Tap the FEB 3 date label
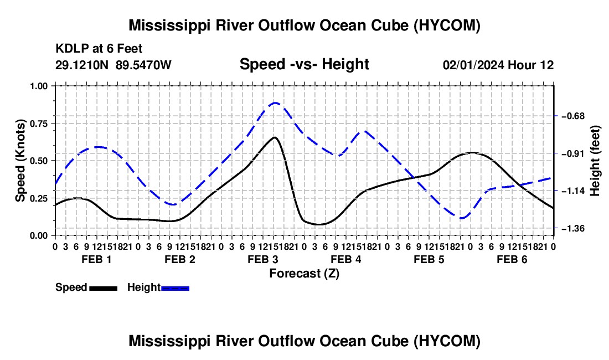point(262,259)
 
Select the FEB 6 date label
point(512,259)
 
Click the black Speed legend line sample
point(104,289)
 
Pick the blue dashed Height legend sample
point(175,289)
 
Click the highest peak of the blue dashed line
point(275,103)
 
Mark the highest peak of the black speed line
point(275,137)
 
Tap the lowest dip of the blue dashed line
point(462,218)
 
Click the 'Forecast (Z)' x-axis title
point(304,274)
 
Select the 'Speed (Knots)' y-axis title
point(20,161)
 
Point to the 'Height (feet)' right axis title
point(595,161)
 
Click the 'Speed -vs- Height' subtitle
point(304,64)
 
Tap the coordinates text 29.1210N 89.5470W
point(113,65)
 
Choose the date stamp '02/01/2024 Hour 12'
point(498,65)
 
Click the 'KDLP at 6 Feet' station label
point(99,49)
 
